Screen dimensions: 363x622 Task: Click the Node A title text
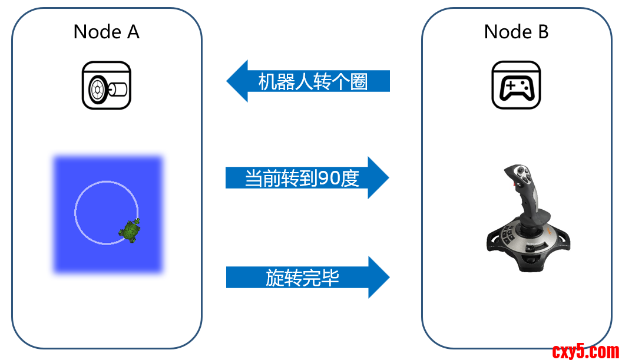pyautogui.click(x=107, y=32)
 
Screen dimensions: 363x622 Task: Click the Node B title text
pyautogui.click(x=516, y=32)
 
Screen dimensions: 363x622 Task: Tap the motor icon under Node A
pyautogui.click(x=107, y=86)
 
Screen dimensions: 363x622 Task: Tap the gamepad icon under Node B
pyautogui.click(x=516, y=86)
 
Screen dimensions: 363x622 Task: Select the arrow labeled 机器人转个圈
pyautogui.click(x=309, y=81)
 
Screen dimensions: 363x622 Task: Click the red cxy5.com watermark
pyautogui.click(x=585, y=352)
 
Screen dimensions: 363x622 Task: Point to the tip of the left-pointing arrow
pyautogui.click(x=229, y=81)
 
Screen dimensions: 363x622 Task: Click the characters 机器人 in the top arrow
pyautogui.click(x=277, y=82)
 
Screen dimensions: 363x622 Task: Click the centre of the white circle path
pyautogui.click(x=107, y=212)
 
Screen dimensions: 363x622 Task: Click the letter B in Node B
pyautogui.click(x=542, y=32)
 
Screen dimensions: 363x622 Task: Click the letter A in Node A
pyautogui.click(x=133, y=32)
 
